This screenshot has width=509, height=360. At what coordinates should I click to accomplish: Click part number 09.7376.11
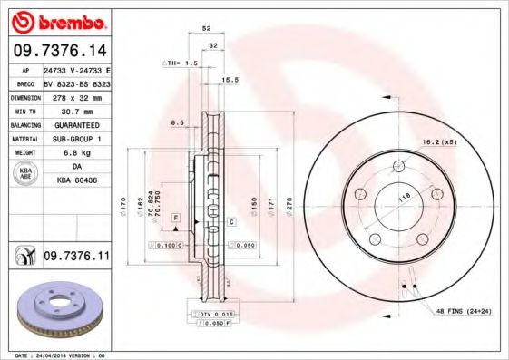click(75, 258)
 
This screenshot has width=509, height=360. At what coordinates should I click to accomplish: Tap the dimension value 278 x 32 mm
click(76, 96)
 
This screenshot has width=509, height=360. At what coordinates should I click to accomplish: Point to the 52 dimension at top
click(207, 29)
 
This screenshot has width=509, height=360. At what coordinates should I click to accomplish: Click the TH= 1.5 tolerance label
click(180, 63)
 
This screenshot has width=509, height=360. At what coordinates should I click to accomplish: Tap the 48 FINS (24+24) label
click(465, 310)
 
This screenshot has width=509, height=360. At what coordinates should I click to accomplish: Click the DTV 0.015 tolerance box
click(214, 313)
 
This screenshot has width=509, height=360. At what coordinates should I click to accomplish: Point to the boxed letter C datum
click(231, 221)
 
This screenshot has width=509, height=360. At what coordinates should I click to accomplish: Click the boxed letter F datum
click(176, 219)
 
